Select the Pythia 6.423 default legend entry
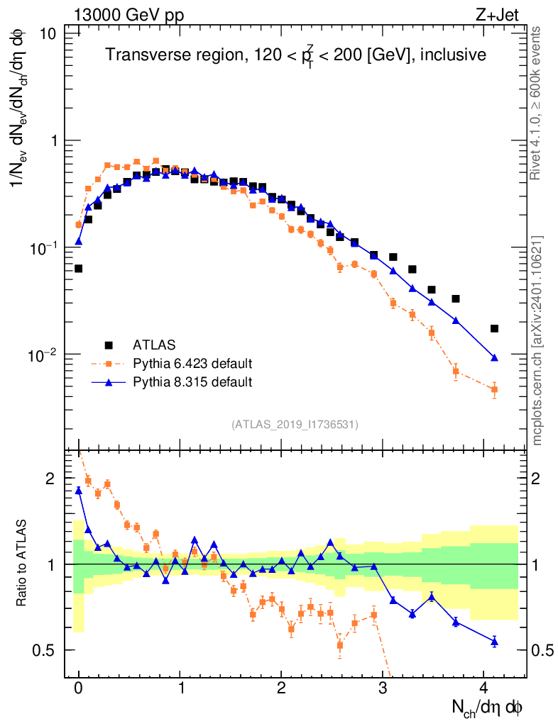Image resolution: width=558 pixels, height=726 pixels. (192, 364)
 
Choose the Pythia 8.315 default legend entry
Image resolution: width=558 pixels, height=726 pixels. (192, 382)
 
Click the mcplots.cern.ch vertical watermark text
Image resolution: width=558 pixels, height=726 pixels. (537, 340)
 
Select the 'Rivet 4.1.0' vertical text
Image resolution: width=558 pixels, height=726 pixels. (537, 103)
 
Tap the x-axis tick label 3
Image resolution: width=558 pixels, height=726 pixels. (383, 689)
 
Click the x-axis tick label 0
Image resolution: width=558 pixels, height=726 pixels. (79, 689)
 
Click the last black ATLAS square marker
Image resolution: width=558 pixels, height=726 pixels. (494, 328)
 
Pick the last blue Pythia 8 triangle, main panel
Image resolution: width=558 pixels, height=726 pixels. (494, 357)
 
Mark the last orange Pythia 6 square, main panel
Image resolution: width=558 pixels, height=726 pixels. (494, 389)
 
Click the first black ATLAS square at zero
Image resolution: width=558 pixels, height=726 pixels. (79, 269)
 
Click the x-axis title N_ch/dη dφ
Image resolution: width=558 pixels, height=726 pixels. (488, 707)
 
